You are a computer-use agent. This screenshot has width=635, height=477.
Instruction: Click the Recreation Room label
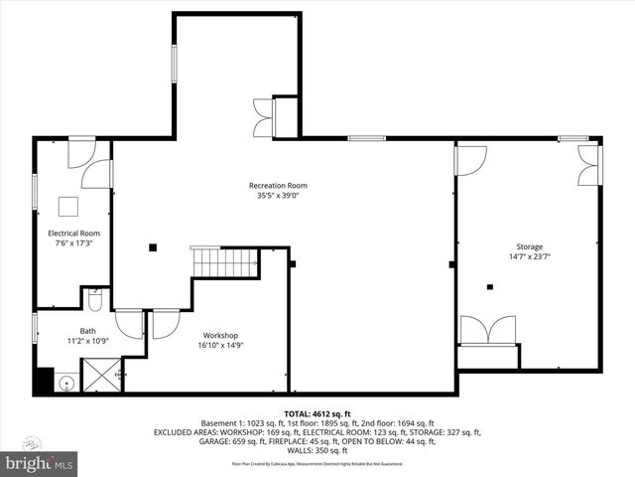coord(277,186)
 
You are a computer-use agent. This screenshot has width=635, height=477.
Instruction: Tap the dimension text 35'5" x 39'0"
coord(277,196)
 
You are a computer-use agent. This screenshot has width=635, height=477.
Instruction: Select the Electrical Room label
coord(74,234)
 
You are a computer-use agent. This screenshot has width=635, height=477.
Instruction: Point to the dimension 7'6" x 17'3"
coord(74,243)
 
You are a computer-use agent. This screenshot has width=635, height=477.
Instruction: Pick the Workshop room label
coord(220,335)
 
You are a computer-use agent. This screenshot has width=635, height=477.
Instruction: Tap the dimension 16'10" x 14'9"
coord(220,345)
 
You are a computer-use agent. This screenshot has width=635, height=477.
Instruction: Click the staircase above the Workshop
coord(225,263)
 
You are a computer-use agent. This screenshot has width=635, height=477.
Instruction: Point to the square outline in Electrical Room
coord(67,206)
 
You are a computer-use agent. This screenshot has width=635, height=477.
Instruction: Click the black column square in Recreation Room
coord(152,247)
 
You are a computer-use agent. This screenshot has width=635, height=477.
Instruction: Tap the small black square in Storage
coord(489,288)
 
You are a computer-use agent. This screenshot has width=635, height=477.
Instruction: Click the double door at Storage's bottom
coord(488,330)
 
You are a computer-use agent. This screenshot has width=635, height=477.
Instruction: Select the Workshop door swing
coord(164,323)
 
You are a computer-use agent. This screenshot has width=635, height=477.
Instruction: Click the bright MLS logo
coord(40,462)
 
